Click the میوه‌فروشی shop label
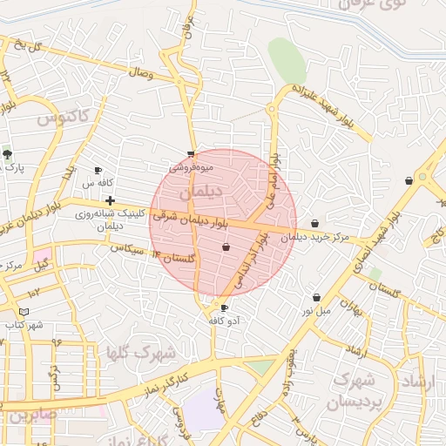pyautogui.click(x=191, y=164)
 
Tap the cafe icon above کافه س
pyautogui.click(x=98, y=171)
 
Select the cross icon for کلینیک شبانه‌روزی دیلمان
pyautogui.click(x=110, y=201)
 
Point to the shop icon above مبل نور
pyautogui.click(x=315, y=298)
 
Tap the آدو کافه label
pyautogui.click(x=224, y=321)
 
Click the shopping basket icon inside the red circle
pyautogui.click(x=226, y=247)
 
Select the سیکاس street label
pyautogui.click(x=125, y=249)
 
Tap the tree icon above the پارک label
pyautogui.click(x=8, y=154)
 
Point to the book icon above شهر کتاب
pyautogui.click(x=24, y=312)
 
